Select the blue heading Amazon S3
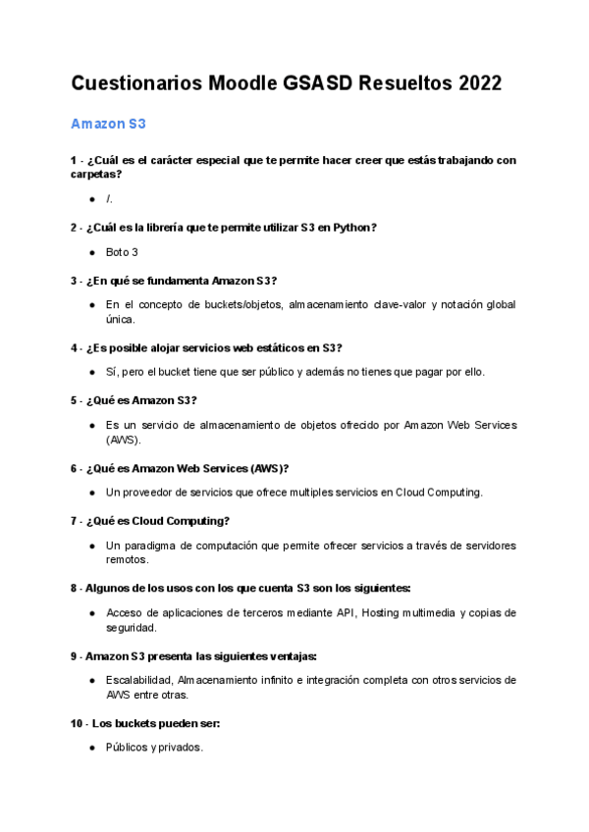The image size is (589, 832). click(108, 125)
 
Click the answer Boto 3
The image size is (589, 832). click(122, 252)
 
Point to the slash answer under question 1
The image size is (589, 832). click(109, 199)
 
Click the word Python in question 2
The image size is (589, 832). click(349, 228)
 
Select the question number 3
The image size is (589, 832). click(75, 281)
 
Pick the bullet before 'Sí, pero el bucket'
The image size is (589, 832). click(91, 372)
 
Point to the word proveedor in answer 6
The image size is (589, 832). click(147, 492)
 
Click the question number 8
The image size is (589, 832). click(75, 588)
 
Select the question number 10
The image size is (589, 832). click(78, 723)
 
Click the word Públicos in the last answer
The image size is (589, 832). click(127, 748)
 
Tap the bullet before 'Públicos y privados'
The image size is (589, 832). click(91, 748)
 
